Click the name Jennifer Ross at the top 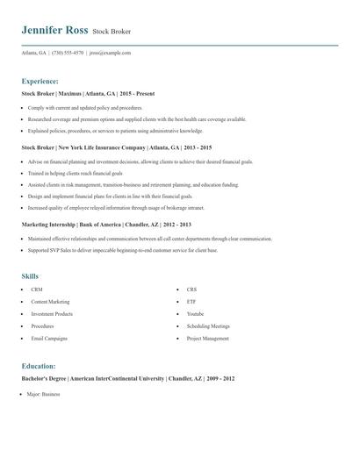point(54,30)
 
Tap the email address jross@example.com point(110,53)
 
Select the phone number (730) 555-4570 point(68,53)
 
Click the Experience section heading point(40,80)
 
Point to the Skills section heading point(30,276)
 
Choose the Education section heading point(39,366)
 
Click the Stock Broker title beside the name point(112,32)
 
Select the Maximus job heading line point(90,93)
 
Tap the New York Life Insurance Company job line point(116,148)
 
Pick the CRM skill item point(37,289)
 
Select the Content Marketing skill point(50,301)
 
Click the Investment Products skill point(52,313)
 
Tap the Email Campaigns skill point(49,338)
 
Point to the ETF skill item point(191,301)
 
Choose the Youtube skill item point(195,313)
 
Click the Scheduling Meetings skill point(208,325)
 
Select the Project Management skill point(208,338)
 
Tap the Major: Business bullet point(43,395)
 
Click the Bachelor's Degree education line point(116,379)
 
